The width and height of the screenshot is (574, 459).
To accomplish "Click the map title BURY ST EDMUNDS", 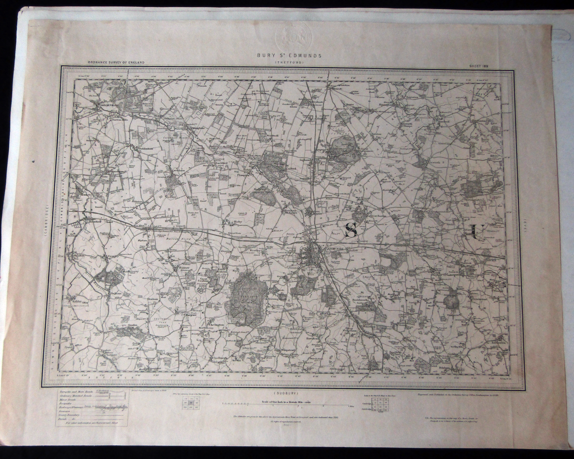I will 287,55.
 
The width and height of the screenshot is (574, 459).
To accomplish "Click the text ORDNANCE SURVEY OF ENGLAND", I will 116,62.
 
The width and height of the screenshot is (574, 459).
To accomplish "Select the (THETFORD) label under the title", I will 287,62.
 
